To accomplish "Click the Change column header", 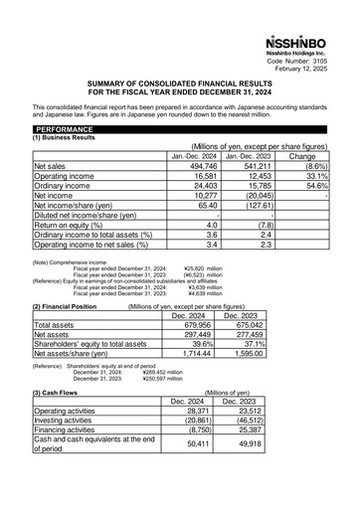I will tap(302, 157).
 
